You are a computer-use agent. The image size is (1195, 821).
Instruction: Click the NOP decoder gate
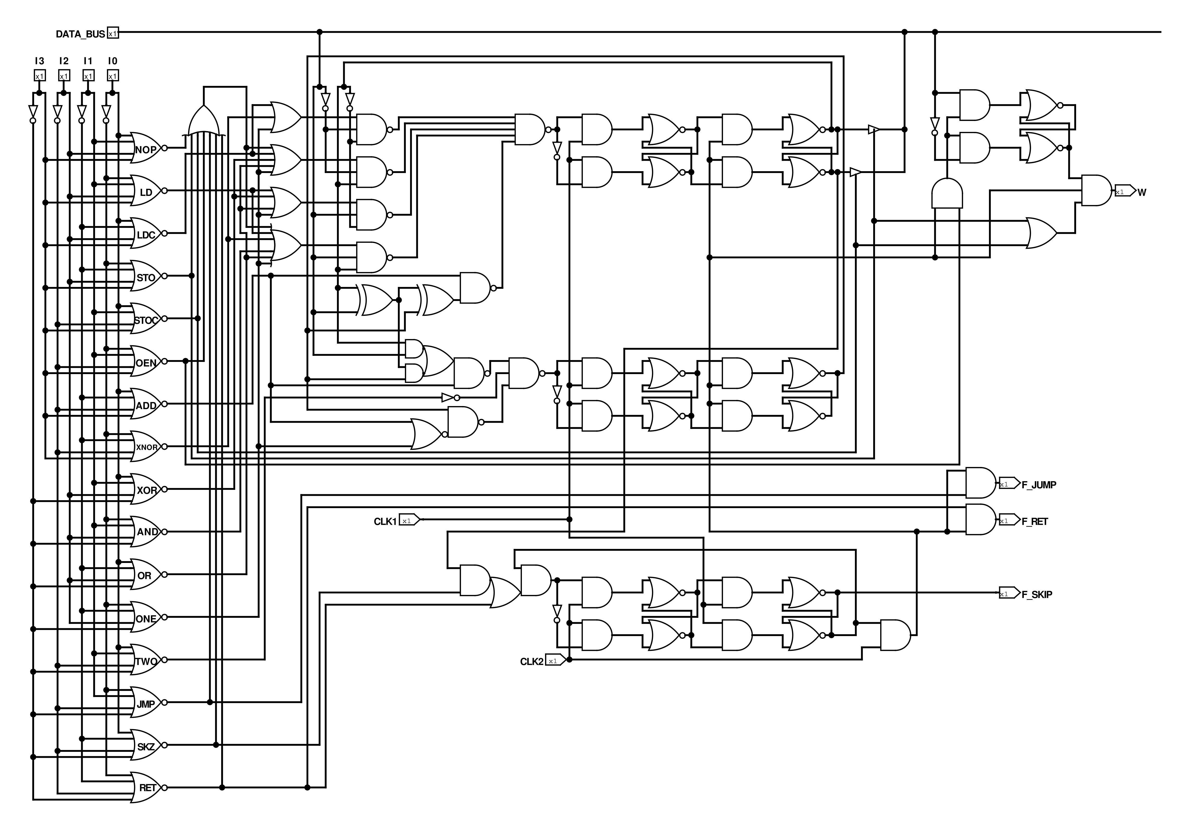(x=146, y=148)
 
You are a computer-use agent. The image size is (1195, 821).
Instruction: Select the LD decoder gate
(x=146, y=191)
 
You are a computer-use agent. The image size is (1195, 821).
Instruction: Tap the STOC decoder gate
(x=146, y=319)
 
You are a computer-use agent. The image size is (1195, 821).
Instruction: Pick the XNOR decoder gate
(x=146, y=446)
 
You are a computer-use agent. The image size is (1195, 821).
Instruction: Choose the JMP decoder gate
(x=146, y=703)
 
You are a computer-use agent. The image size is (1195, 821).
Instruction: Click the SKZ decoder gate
(x=146, y=745)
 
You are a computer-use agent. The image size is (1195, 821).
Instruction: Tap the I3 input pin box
(x=40, y=76)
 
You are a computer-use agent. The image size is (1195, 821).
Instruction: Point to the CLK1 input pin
(x=409, y=520)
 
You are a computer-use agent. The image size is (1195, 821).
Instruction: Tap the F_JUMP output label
(x=1039, y=485)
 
